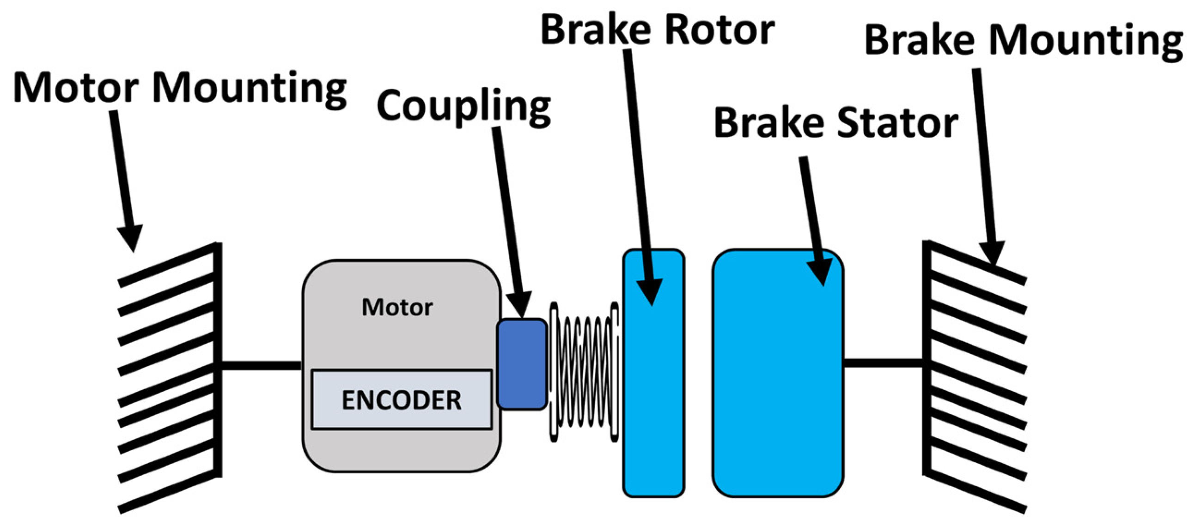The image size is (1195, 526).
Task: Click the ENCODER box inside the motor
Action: (x=401, y=399)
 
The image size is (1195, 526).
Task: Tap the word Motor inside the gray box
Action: (x=397, y=307)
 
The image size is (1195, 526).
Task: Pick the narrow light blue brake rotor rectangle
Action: (x=653, y=373)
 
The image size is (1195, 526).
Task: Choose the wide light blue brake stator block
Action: (x=778, y=373)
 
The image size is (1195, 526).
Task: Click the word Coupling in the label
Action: (x=463, y=107)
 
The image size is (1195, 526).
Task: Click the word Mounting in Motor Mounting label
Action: (x=250, y=90)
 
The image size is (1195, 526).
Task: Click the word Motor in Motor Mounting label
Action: (x=76, y=88)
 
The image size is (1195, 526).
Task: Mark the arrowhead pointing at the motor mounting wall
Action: (x=131, y=236)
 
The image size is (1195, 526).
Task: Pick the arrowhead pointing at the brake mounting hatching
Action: (x=992, y=253)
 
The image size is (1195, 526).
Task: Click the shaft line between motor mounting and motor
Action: (x=261, y=366)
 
